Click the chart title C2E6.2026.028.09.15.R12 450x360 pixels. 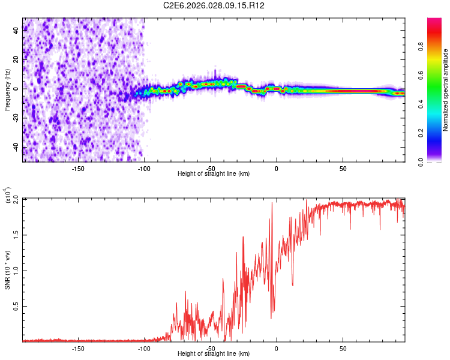(x=214, y=5)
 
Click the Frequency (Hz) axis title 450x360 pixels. (x=7, y=89)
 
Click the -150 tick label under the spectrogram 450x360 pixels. (x=77, y=169)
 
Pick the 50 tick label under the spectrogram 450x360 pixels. (x=343, y=169)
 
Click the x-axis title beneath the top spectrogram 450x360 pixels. (x=214, y=174)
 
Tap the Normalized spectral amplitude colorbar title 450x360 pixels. (x=445, y=90)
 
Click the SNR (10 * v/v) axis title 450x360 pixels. (x=7, y=270)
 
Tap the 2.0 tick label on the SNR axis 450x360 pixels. (x=16, y=199)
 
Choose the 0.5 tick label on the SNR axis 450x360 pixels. (x=16, y=306)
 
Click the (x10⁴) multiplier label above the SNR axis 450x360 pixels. (x=8, y=196)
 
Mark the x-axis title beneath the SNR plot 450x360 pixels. (x=214, y=354)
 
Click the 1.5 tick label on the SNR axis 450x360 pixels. (x=16, y=235)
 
